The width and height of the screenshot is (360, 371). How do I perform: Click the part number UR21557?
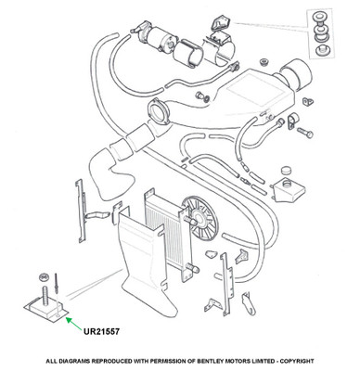point(101,331)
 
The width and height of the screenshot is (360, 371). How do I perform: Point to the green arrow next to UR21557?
point(74,323)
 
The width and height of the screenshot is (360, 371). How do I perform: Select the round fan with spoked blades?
point(199,218)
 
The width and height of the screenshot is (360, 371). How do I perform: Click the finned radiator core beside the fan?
point(167,235)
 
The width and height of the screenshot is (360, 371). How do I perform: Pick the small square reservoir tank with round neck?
point(289,189)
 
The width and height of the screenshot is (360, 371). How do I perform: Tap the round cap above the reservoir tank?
point(287,171)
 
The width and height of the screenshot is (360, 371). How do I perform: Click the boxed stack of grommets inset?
point(321,33)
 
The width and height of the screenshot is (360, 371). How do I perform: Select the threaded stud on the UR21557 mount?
point(45,296)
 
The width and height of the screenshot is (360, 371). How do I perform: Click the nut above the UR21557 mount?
point(45,276)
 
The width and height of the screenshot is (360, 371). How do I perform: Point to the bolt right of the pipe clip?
point(305,132)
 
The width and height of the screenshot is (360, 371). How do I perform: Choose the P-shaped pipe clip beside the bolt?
point(292,121)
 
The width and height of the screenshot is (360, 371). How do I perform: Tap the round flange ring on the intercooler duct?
point(158,111)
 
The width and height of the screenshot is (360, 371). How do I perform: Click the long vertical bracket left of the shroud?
point(81,211)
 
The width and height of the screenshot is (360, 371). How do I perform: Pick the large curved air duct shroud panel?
point(146,262)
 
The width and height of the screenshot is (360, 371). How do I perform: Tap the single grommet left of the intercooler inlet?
point(264,62)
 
